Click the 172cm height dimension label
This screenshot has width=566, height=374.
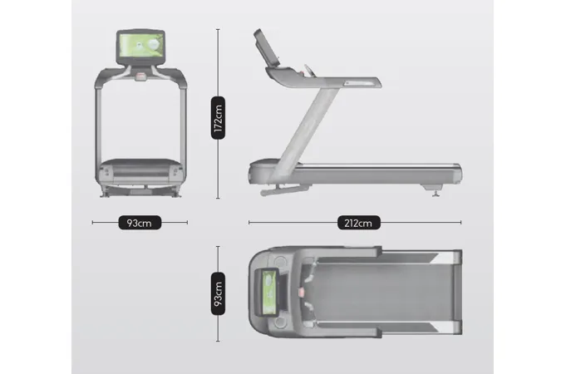(218, 118)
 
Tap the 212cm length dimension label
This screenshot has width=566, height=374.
(359, 223)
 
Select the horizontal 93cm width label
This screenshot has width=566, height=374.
(140, 223)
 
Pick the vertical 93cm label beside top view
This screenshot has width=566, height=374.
(218, 294)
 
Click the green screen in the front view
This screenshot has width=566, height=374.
(140, 46)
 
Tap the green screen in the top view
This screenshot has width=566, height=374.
(269, 293)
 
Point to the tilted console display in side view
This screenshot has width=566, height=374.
(267, 47)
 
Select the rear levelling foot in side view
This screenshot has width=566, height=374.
(436, 193)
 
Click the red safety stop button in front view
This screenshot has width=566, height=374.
(140, 76)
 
